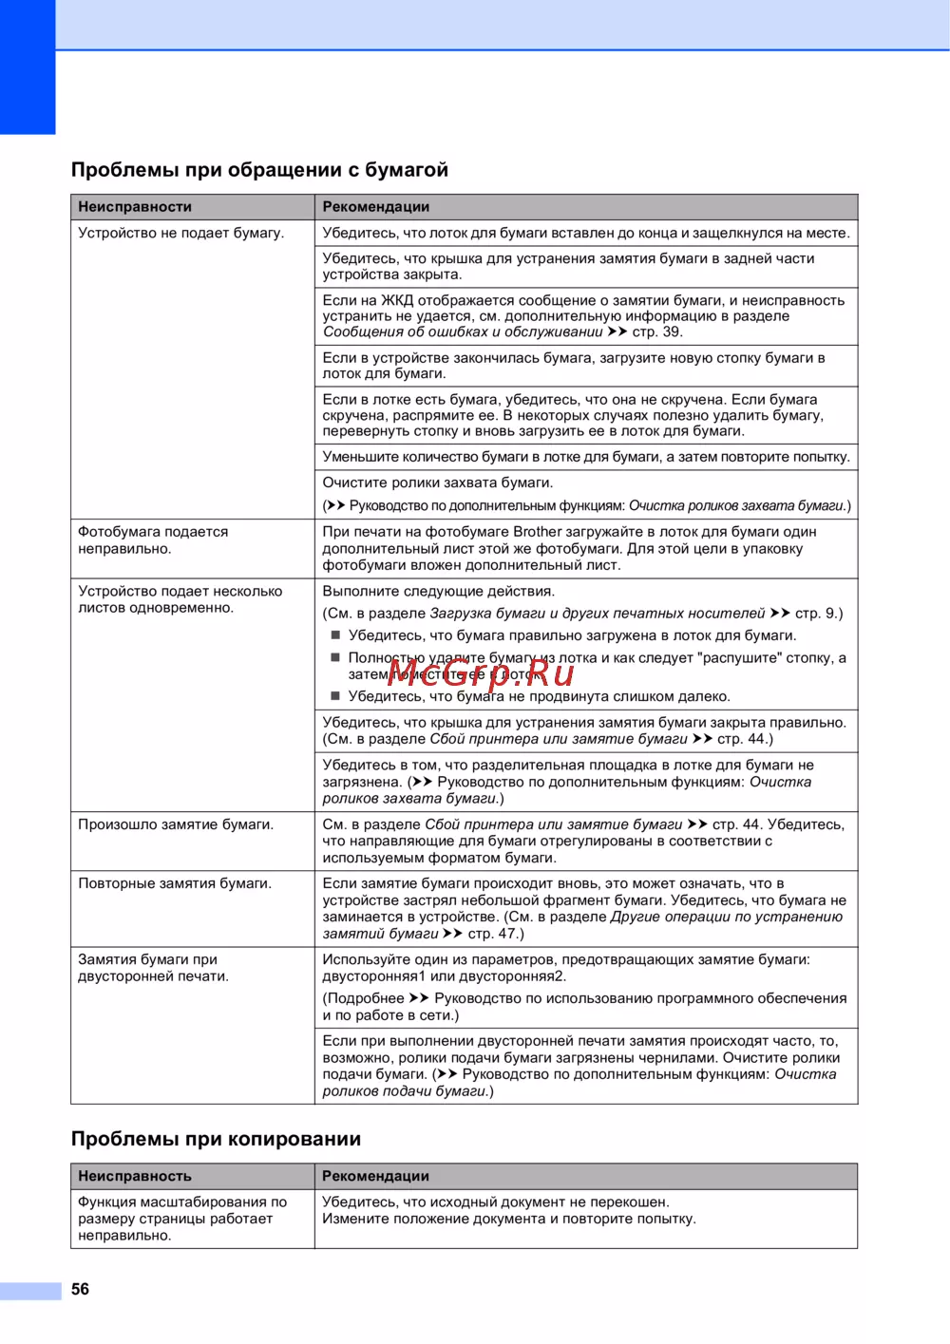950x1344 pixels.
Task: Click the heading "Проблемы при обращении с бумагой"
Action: coord(259,170)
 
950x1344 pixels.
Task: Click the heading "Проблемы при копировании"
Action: coord(216,1139)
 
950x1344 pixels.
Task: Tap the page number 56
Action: coord(81,1289)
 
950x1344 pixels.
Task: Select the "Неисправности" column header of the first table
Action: coord(135,207)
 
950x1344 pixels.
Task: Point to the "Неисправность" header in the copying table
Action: coord(135,1176)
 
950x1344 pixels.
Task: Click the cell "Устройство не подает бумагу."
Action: coord(180,233)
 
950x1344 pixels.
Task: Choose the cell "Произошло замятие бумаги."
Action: coord(176,824)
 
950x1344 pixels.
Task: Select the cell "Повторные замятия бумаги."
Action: coord(175,883)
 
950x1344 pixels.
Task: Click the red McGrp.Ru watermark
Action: coord(483,673)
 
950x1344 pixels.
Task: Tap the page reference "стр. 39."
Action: coord(657,331)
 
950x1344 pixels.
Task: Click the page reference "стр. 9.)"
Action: coord(819,614)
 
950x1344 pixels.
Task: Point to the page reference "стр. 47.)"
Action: coord(496,934)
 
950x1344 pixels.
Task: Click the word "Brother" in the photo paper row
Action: coord(539,532)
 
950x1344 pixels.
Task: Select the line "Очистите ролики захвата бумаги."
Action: coord(437,483)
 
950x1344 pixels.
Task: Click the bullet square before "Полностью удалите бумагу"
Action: coord(335,657)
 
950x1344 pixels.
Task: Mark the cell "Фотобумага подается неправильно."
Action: coord(153,540)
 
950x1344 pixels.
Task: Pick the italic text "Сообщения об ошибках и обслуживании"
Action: coord(463,331)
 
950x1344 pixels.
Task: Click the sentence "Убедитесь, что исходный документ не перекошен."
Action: coord(495,1202)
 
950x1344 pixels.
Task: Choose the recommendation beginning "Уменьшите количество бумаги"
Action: coord(586,457)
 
